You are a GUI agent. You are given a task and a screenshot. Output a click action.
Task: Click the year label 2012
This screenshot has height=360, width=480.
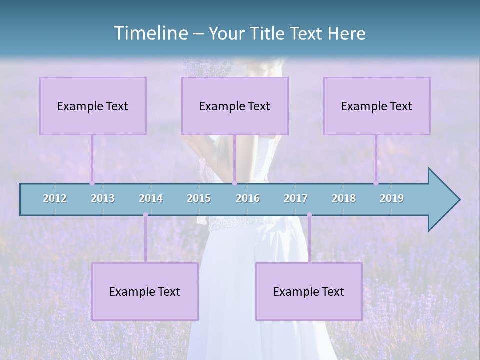[55, 198]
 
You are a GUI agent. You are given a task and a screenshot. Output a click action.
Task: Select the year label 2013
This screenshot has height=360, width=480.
[103, 198]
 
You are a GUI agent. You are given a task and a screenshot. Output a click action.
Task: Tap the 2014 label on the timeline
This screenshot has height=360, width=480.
[151, 198]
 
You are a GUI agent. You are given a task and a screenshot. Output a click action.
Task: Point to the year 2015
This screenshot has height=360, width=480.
[199, 198]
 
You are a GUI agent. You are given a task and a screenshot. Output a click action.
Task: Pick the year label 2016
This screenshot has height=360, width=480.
[248, 198]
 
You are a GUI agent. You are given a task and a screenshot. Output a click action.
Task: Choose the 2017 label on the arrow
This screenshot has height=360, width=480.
[296, 198]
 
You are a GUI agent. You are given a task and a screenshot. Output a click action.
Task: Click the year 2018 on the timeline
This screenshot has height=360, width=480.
[344, 198]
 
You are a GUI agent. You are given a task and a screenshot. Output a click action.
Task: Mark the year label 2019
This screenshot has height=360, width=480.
[392, 198]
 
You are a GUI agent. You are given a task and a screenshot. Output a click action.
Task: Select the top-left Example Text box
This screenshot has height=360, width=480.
[93, 106]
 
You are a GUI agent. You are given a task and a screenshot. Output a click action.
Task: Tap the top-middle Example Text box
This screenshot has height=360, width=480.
[235, 106]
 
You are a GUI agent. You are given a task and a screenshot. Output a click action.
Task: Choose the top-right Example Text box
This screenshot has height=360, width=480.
[377, 106]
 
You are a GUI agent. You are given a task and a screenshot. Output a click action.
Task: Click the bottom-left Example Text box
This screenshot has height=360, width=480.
[145, 292]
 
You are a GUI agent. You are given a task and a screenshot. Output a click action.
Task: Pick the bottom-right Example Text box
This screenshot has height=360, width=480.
[309, 292]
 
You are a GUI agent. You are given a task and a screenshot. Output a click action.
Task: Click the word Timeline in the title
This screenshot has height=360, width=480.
[149, 33]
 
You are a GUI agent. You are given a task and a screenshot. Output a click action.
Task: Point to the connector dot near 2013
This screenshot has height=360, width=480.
[92, 183]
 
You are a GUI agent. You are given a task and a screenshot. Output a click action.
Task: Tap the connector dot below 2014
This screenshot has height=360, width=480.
[145, 215]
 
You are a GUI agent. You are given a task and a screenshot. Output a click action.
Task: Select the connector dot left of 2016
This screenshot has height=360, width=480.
[234, 183]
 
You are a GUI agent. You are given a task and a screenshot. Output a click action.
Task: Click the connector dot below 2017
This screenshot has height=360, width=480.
[309, 215]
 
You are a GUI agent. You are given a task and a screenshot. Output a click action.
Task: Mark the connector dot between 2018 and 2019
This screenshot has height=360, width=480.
[376, 183]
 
